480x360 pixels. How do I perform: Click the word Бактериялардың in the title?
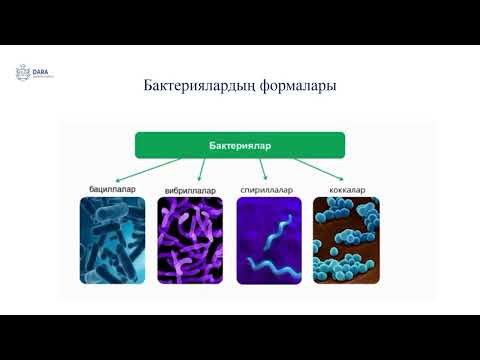[x=191, y=86]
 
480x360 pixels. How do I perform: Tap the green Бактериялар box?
[x=240, y=145]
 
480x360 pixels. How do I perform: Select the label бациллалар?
[x=111, y=188]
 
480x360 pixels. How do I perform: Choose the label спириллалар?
[x=265, y=188]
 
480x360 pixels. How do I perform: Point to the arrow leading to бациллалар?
[x=150, y=167]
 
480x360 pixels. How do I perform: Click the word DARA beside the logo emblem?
[x=43, y=69]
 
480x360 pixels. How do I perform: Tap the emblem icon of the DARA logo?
[x=23, y=71]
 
